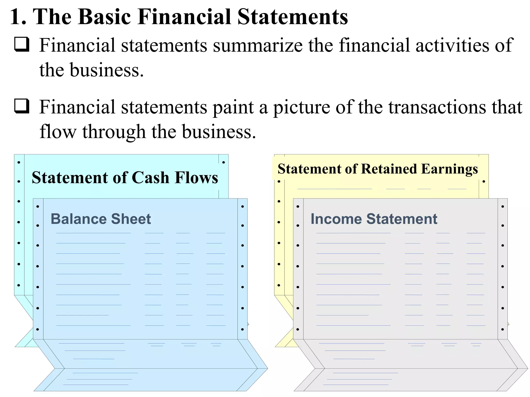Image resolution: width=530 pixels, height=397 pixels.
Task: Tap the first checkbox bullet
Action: pyautogui.click(x=22, y=44)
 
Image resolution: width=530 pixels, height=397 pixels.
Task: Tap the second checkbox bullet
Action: pyautogui.click(x=22, y=106)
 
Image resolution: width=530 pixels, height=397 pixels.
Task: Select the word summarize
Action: pyautogui.click(x=258, y=45)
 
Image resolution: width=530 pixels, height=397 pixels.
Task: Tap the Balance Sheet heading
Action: pyautogui.click(x=101, y=219)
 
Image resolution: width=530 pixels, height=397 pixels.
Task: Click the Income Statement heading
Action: pyautogui.click(x=374, y=219)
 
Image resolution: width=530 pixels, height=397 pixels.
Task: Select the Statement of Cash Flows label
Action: pyautogui.click(x=125, y=178)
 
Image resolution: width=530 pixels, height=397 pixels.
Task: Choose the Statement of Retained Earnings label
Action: pyautogui.click(x=378, y=169)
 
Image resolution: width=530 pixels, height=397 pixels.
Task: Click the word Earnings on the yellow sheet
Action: pyautogui.click(x=449, y=169)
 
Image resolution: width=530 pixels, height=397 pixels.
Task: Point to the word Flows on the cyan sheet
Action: pyautogui.click(x=196, y=178)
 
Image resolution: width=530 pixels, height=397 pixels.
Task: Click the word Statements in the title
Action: pyautogui.click(x=292, y=17)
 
